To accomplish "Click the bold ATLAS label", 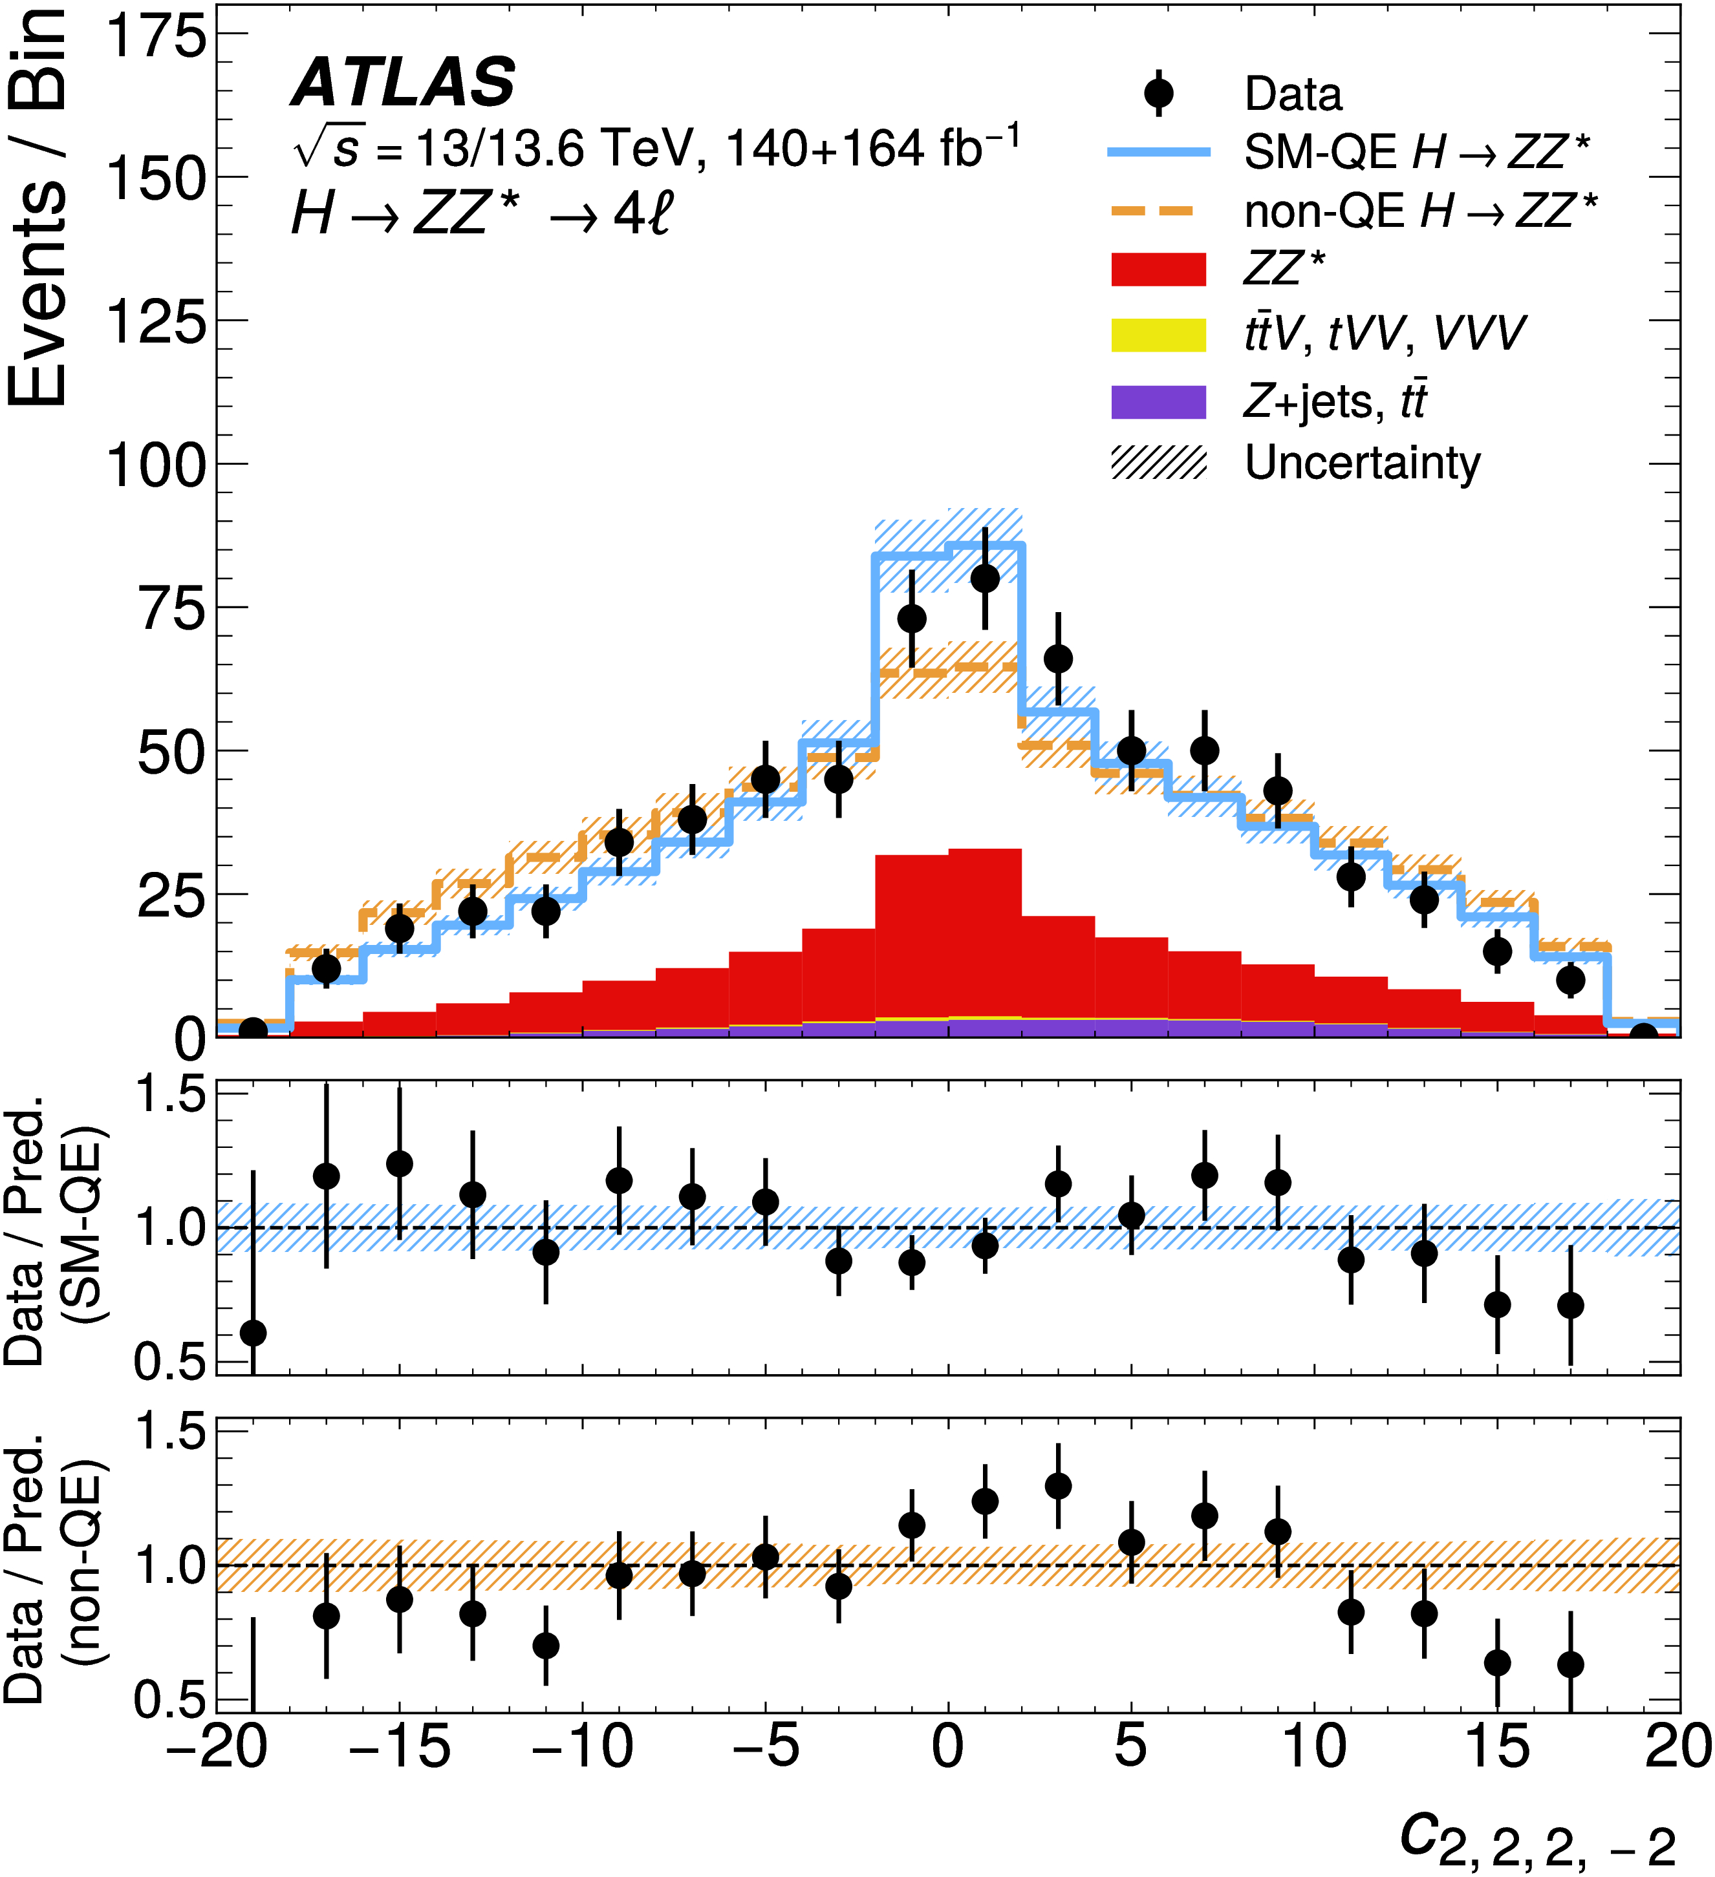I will (404, 82).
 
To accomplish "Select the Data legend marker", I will (1158, 93).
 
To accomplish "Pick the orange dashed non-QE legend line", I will (1158, 211).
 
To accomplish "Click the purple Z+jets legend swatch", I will (1158, 402).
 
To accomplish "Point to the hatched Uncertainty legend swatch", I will (1158, 463).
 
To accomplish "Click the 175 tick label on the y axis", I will (156, 37).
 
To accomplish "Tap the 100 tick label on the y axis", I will (156, 465).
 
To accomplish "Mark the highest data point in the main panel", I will (985, 578).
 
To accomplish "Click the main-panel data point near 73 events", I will (912, 618).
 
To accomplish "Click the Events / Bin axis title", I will (38, 205).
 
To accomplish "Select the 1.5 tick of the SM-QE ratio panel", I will (169, 1095).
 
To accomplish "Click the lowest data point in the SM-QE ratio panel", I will (252, 1332).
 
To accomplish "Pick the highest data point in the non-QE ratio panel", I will (1058, 1486).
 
